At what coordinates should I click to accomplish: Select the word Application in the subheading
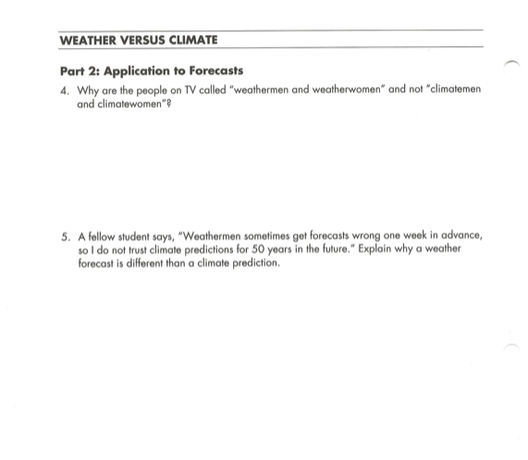135,70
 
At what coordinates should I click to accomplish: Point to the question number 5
63,236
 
